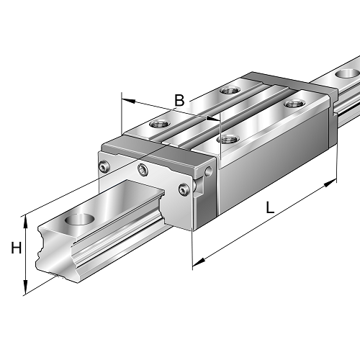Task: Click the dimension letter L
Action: point(269,208)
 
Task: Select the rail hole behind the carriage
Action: point(346,73)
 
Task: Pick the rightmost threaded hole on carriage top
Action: point(293,104)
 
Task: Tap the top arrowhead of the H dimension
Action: point(27,219)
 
